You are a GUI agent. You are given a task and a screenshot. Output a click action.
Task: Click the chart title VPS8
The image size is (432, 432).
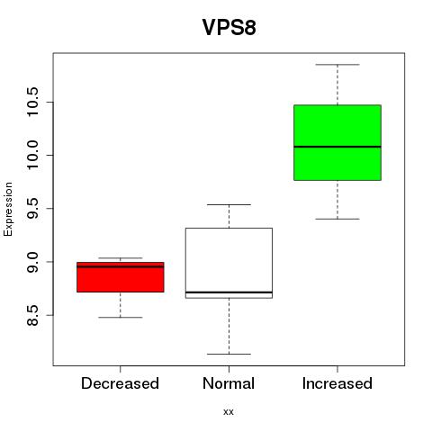pos(229,27)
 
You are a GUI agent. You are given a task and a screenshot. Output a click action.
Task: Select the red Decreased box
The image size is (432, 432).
pos(121,277)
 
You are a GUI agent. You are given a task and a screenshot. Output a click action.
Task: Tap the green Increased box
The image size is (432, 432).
pos(337,142)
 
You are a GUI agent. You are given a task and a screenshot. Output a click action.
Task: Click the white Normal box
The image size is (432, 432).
pos(229,263)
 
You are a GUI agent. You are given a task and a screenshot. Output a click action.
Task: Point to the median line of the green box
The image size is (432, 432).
pos(337,147)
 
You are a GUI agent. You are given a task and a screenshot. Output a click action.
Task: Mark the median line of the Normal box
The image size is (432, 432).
pos(229,292)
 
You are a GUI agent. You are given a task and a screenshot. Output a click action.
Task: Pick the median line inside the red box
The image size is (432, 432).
pos(121,266)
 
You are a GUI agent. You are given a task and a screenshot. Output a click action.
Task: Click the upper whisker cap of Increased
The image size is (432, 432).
pos(337,65)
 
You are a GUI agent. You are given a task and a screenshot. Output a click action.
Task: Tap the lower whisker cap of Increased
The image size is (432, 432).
pos(337,219)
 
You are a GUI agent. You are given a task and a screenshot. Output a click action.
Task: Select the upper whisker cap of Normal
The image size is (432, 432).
pos(229,204)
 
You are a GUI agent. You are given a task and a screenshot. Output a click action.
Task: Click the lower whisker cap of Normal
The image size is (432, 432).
pos(229,354)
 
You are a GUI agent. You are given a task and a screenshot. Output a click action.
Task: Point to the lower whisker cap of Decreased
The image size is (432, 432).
pos(121,317)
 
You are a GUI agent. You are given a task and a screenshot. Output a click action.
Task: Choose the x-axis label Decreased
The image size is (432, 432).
pos(120,383)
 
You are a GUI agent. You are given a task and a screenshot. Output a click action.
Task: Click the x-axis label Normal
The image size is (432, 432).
pos(229,383)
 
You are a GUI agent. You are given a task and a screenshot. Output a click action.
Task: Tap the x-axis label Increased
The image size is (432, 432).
pos(337,383)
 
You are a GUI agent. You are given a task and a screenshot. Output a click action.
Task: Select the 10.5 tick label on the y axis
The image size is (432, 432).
pos(32,102)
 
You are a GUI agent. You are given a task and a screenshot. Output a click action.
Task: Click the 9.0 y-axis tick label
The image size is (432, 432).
pos(32,262)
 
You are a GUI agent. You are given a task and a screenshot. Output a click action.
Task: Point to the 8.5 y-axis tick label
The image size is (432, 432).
pos(32,315)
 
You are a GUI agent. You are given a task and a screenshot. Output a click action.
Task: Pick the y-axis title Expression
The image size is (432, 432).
pos(8,209)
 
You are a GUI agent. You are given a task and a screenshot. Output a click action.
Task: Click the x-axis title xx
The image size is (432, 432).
pos(229,412)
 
